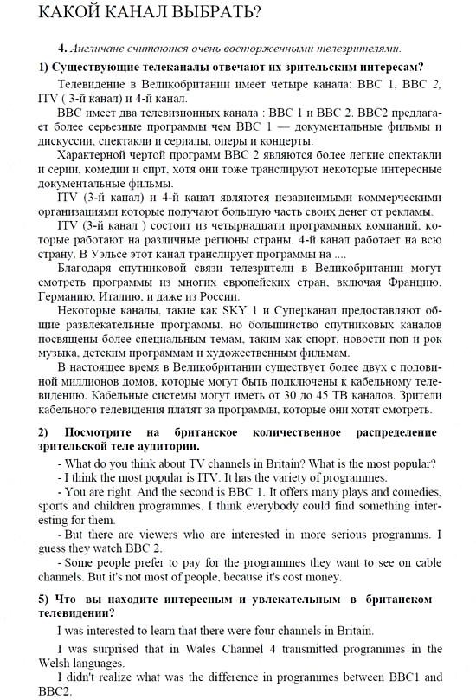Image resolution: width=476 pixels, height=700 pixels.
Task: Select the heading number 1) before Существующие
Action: (42, 67)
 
